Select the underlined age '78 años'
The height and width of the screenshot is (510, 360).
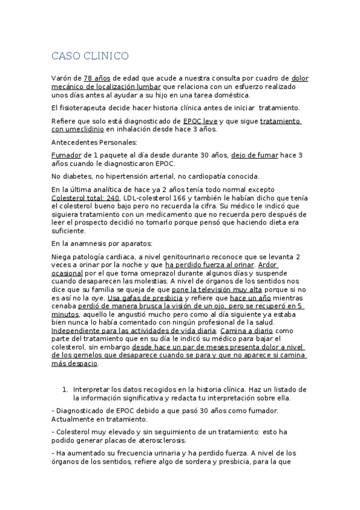point(96,78)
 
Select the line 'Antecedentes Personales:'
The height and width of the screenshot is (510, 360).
point(95,143)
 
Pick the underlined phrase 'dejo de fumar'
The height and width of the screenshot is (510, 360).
point(255,155)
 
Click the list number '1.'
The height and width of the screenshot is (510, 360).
point(66,389)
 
